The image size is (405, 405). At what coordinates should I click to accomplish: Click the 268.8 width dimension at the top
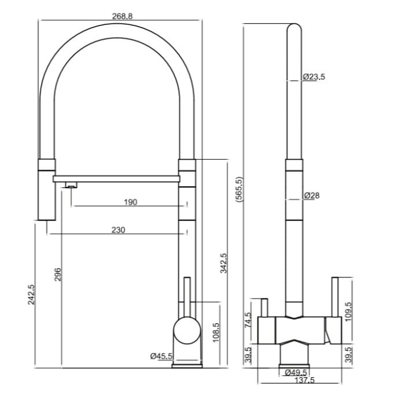tap(122, 16)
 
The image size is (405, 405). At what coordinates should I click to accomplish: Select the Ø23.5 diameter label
tap(314, 76)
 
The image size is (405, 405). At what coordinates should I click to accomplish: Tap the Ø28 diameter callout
tap(311, 196)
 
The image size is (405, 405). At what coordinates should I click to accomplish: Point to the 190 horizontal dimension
tap(130, 202)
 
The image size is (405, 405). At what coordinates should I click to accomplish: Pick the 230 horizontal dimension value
tap(118, 230)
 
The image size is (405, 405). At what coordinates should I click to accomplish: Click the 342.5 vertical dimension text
tap(224, 264)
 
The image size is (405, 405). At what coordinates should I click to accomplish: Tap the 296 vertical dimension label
tap(57, 274)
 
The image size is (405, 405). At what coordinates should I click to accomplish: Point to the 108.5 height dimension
tap(216, 333)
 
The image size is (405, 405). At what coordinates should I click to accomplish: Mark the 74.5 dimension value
tap(247, 320)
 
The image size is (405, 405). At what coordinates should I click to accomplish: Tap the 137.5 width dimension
tap(304, 380)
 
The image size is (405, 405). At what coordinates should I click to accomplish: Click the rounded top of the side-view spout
tap(294, 29)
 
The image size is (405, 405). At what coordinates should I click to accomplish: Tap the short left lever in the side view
tap(263, 307)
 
